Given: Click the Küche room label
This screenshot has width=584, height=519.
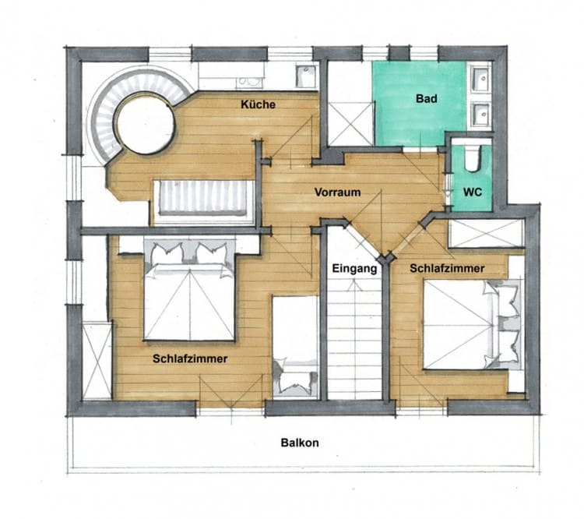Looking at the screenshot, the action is [258, 104].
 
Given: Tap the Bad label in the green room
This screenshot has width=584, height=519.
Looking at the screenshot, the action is [427, 99].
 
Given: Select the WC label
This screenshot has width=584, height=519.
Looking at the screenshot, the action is [473, 192].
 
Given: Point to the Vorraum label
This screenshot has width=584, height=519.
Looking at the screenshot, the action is [337, 192].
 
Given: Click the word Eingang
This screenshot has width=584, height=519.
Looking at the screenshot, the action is [354, 268].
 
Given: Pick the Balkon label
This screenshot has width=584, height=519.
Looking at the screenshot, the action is [300, 443].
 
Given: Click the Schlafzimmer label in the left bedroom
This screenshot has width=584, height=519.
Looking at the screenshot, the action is [190, 358].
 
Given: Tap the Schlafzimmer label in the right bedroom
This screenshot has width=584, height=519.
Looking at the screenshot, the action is [447, 268].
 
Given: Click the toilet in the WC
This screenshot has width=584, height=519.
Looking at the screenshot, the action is [473, 159].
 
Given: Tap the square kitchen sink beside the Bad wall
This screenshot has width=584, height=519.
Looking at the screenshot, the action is [306, 76].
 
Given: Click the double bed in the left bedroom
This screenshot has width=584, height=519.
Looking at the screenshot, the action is [189, 291].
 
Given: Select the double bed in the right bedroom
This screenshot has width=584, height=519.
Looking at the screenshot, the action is [472, 325].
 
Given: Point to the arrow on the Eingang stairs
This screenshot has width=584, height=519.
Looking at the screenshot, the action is [354, 285].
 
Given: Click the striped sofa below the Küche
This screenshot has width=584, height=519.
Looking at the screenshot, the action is [203, 199].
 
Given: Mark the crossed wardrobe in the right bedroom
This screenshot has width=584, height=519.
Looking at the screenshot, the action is [487, 234].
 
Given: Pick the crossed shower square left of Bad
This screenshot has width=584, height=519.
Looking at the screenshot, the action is [351, 123].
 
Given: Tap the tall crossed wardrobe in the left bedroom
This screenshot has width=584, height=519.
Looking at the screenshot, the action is [97, 361].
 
